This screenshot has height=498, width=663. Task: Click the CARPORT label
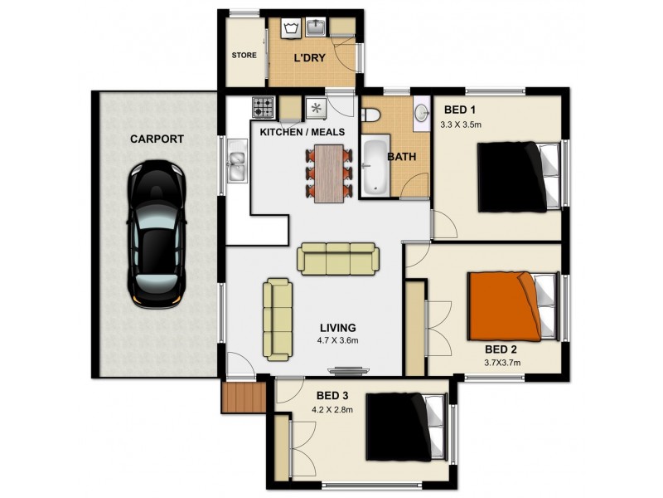(156, 139)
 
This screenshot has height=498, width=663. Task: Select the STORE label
(244, 56)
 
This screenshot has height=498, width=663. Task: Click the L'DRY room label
(308, 58)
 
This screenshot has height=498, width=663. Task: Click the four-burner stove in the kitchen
(264, 107)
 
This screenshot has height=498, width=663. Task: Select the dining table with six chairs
(329, 173)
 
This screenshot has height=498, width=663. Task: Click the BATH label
(403, 156)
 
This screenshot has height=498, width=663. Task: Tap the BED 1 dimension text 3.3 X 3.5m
(462, 125)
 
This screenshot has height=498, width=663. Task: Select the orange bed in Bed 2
(508, 303)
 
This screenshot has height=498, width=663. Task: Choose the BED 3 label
(331, 394)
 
